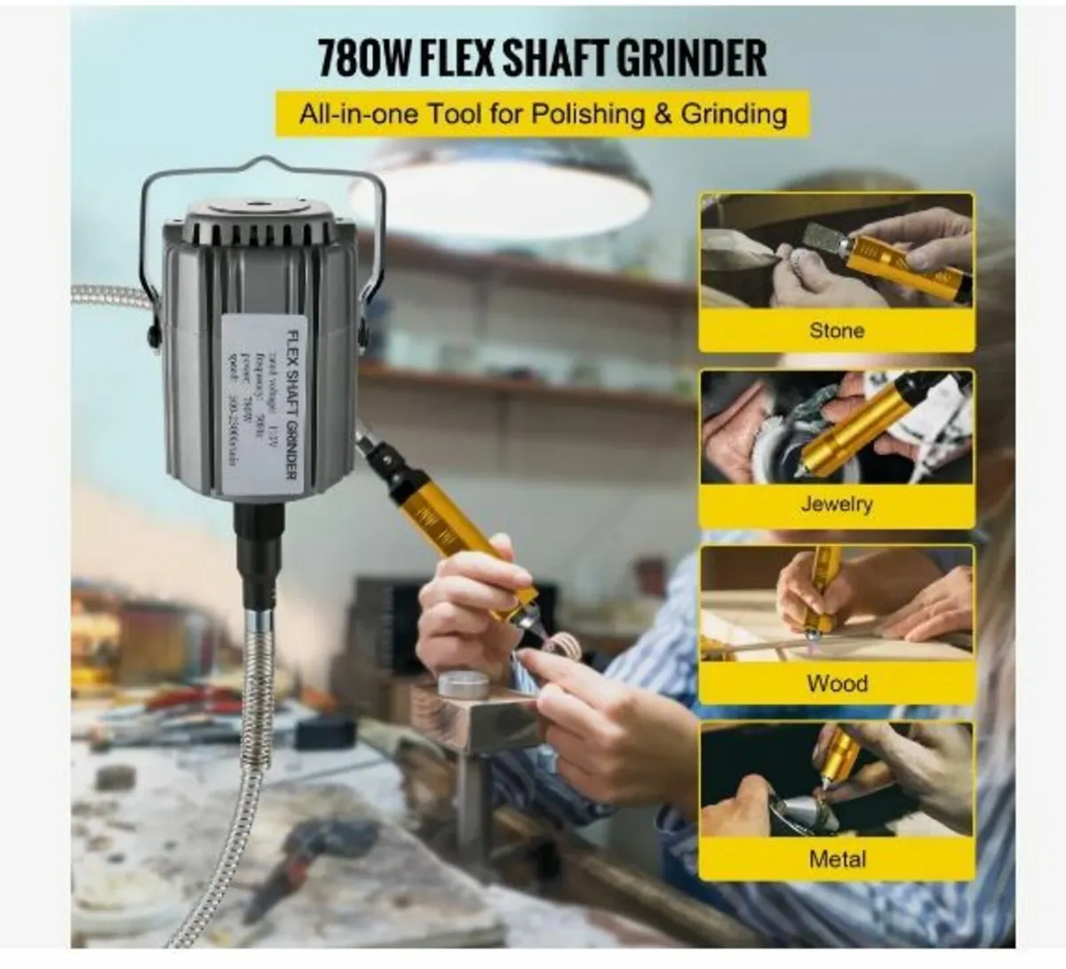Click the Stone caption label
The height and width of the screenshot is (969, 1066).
[836, 330]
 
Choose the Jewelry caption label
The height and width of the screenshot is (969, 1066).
[836, 504]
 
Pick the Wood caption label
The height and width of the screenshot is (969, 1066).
[837, 683]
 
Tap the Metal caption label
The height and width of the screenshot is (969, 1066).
[837, 859]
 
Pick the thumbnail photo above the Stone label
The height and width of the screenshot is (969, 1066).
[836, 253]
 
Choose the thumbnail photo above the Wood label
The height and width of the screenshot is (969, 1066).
[836, 604]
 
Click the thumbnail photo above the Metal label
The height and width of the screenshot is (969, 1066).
[836, 780]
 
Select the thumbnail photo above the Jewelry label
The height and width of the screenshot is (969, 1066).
[836, 426]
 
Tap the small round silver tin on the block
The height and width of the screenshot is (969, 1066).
[463, 684]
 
